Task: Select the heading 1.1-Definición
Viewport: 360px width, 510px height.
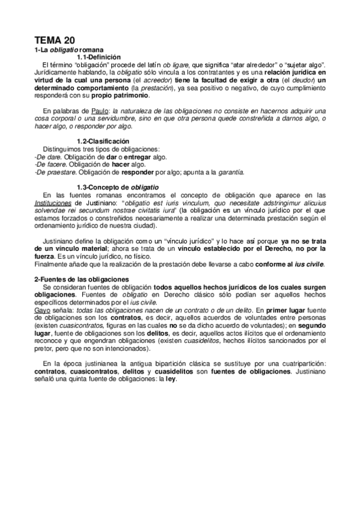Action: [99, 56]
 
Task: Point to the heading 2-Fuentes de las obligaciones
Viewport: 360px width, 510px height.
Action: [81, 279]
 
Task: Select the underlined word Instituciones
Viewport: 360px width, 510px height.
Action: [55, 203]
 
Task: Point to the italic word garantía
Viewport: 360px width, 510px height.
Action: [228, 171]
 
